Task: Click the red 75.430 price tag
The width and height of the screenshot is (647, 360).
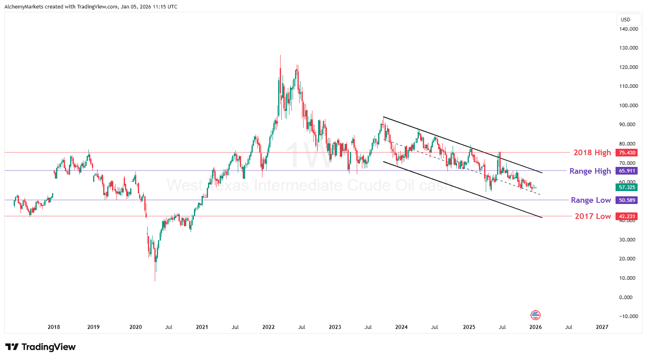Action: [x=627, y=153]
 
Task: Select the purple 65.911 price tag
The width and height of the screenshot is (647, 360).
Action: [x=627, y=171]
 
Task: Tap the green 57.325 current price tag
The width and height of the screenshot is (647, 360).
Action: [x=627, y=187]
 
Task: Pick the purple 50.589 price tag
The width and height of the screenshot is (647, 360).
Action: [x=627, y=200]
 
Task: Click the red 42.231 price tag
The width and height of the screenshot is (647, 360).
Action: [x=627, y=216]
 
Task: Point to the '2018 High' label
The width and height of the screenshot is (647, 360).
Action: [x=592, y=152]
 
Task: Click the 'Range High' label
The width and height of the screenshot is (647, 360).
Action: [x=590, y=171]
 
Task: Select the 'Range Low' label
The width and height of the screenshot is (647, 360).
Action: [x=591, y=200]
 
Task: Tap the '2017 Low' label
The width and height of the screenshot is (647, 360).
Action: [x=593, y=216]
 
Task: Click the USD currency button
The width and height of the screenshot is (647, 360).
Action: [x=625, y=19]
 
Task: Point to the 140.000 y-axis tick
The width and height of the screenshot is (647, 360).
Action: [x=628, y=29]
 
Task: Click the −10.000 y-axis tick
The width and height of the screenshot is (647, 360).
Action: [x=628, y=316]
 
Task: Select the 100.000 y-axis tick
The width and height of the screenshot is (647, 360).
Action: [x=628, y=106]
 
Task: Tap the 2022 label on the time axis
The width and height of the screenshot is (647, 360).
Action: [x=268, y=327]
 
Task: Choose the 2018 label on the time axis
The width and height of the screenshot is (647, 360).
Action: [x=54, y=327]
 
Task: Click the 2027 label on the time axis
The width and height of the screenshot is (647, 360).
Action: [x=602, y=327]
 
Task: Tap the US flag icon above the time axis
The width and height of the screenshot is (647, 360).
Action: [x=535, y=315]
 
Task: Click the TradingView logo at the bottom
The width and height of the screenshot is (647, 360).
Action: [x=40, y=347]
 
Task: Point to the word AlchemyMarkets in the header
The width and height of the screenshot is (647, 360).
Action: [x=24, y=7]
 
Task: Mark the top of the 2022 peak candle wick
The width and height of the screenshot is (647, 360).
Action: [x=281, y=55]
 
